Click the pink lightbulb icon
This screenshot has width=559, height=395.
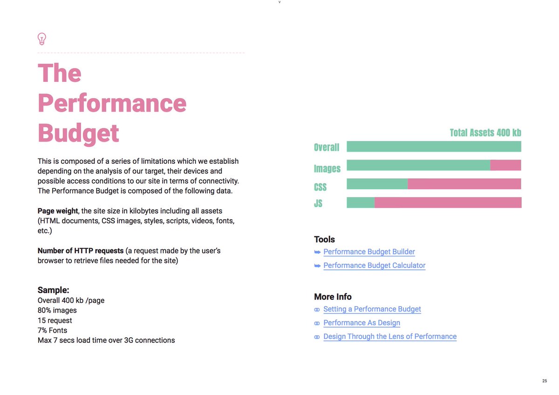(x=42, y=39)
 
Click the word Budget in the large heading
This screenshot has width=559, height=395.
(x=78, y=133)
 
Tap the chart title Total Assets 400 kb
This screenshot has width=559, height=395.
(x=485, y=133)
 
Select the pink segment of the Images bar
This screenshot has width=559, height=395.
(x=505, y=165)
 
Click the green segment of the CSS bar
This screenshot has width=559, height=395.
(x=377, y=184)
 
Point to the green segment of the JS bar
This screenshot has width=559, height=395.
(x=361, y=202)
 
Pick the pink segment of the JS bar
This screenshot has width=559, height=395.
(x=448, y=202)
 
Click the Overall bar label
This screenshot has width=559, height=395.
(x=327, y=147)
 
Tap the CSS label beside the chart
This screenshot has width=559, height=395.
(x=320, y=187)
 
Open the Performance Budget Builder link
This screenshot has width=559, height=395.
(x=369, y=252)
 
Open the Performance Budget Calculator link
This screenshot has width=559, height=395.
(x=374, y=266)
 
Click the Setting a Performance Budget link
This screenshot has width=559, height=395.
(x=372, y=309)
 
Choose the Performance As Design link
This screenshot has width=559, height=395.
(x=361, y=323)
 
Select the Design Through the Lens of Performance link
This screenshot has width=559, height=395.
(x=389, y=336)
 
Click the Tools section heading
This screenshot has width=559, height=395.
(x=324, y=240)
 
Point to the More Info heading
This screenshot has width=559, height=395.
(x=333, y=297)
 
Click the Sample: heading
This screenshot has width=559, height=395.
(x=53, y=290)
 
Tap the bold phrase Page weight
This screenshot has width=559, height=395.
(x=58, y=211)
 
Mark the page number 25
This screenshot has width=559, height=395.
(x=545, y=381)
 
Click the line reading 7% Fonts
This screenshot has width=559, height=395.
(x=52, y=330)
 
